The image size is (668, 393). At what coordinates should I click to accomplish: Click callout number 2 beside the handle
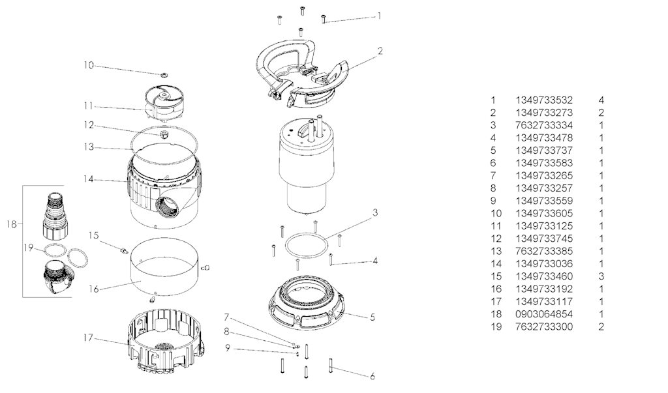pos(380,51)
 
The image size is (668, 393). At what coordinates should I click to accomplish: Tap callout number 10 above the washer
pos(89,65)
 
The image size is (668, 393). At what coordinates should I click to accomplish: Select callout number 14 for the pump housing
pos(89,179)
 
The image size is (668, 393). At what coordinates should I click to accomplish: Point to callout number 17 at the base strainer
pos(89,337)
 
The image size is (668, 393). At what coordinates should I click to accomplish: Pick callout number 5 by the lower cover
pos(372,317)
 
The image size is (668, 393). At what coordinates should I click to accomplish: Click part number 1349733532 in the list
pos(543,100)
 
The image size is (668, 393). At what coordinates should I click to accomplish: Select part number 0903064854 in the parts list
pos(543,313)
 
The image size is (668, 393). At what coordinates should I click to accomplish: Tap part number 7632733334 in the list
pos(543,125)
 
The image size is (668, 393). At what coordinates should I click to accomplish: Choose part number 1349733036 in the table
pos(543,263)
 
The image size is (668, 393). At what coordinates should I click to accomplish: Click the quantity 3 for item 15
pos(601,276)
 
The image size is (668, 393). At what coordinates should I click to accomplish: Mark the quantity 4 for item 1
pos(601,100)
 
